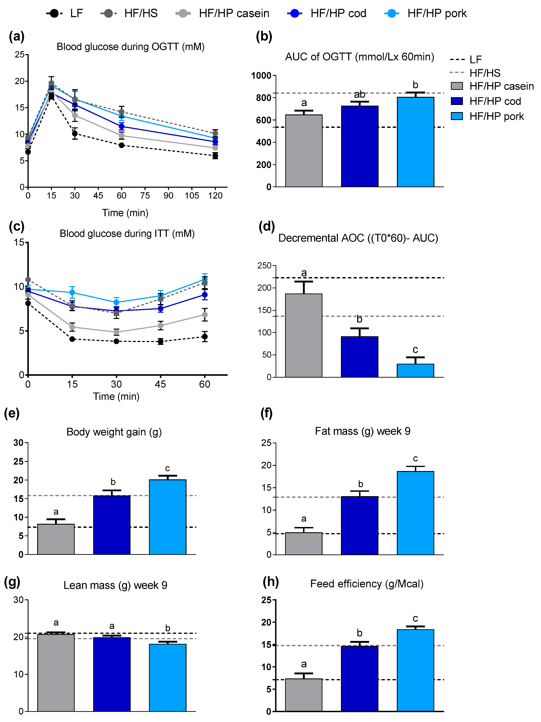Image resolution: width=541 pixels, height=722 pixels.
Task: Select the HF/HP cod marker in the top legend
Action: [295, 13]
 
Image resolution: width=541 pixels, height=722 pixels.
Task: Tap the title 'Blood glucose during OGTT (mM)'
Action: [130, 47]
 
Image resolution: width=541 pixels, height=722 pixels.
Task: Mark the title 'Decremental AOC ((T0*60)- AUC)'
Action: [358, 238]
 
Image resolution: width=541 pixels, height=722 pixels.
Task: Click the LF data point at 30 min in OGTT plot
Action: [75, 133]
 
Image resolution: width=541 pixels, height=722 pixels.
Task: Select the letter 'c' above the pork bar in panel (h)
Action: [415, 619]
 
